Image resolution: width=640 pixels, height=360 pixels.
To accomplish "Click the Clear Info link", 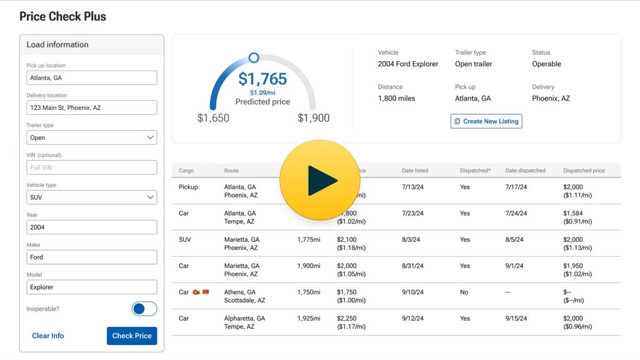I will [x=48, y=336].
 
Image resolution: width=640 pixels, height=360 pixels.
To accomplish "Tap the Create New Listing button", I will [x=486, y=121].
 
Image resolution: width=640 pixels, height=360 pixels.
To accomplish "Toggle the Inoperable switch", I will [x=144, y=309].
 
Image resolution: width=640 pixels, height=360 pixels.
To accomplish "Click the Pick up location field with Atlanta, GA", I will [x=92, y=77].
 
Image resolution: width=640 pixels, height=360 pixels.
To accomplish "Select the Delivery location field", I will [x=92, y=107].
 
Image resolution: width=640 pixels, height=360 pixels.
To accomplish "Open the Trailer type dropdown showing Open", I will [x=92, y=137].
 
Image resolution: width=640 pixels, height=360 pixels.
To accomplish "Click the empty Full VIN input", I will [x=92, y=167].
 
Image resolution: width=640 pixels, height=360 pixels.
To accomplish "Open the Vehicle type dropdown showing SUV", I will [x=92, y=197].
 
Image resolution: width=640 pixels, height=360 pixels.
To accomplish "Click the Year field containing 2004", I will [x=92, y=227].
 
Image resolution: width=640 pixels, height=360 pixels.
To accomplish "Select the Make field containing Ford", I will [x=92, y=257].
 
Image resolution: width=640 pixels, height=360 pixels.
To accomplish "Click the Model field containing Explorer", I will [x=92, y=287].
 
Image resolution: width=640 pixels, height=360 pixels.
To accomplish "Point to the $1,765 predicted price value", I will [x=262, y=79].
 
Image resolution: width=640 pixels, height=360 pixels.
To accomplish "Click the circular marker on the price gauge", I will [x=254, y=58].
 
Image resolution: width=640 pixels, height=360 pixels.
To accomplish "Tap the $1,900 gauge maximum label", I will [x=313, y=118].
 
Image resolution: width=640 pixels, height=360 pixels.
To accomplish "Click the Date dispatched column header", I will [x=525, y=171].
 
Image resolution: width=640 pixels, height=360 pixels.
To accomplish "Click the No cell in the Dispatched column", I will [x=464, y=292].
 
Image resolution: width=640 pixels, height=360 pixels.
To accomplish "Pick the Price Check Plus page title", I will [x=62, y=17].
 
